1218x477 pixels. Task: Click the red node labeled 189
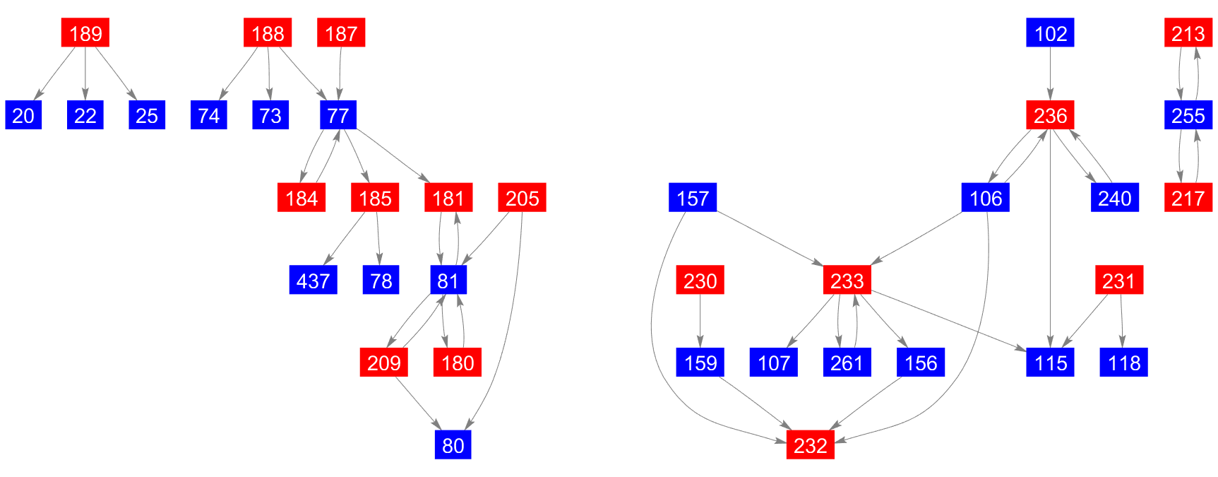tap(85, 33)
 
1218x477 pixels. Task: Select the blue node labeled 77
tap(338, 115)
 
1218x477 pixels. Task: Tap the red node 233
tap(847, 281)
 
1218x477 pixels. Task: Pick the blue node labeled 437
tap(313, 281)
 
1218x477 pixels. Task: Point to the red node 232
tap(810, 445)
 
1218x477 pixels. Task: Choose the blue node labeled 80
tap(453, 445)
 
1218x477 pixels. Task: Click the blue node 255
tap(1188, 115)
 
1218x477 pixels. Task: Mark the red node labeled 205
tap(522, 198)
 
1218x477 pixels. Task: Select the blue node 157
tap(692, 198)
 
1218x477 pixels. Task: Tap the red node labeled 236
tap(1050, 115)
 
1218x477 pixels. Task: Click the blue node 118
tap(1123, 363)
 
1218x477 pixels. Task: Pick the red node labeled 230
tap(700, 281)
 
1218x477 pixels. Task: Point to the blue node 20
tap(23, 115)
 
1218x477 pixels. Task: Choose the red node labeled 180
tap(457, 363)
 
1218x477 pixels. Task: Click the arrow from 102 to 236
tap(1050, 73)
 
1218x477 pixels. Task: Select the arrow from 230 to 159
tap(700, 321)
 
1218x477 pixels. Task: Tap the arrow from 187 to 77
tap(340, 73)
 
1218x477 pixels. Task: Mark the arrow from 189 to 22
tap(85, 73)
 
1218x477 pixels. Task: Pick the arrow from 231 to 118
tap(1122, 321)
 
